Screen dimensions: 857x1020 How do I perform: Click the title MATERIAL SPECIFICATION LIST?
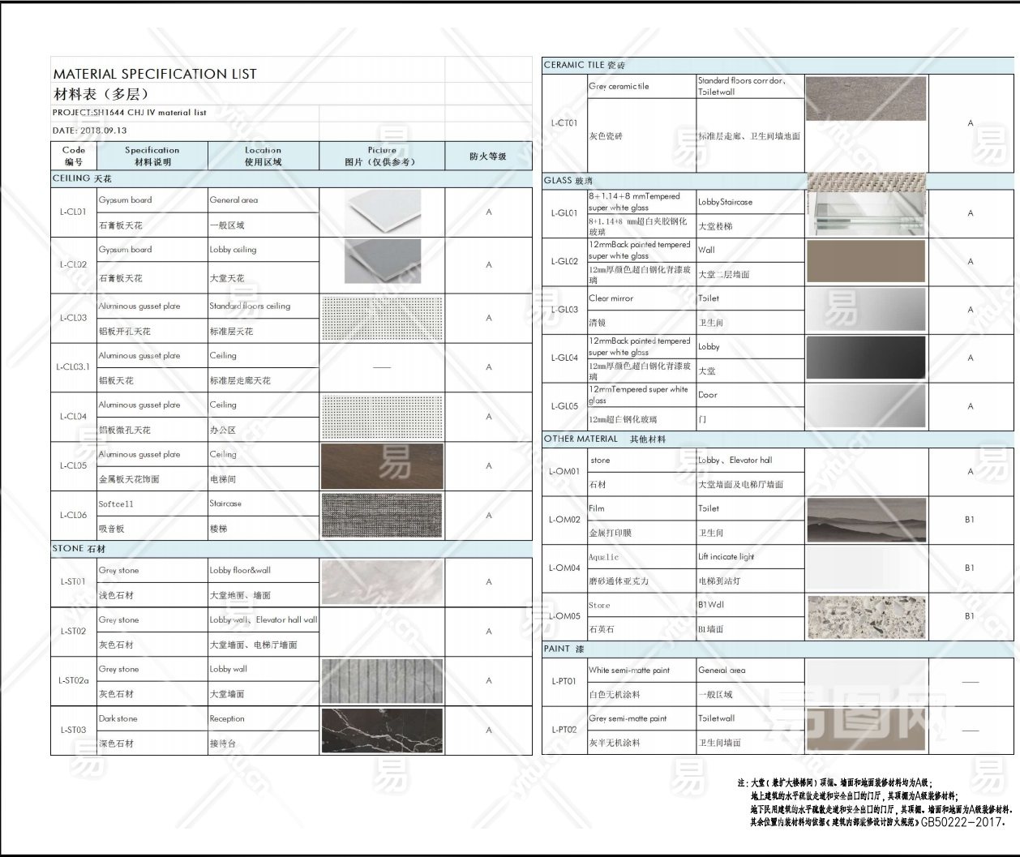click(155, 74)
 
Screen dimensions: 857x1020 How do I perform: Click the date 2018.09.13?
click(90, 131)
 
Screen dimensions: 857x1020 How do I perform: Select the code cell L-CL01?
click(73, 212)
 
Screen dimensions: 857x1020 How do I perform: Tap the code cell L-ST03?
click(73, 730)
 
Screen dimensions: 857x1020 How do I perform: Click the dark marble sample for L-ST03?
click(382, 731)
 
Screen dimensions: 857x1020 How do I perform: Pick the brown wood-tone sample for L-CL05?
click(382, 465)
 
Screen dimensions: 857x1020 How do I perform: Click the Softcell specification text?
click(117, 503)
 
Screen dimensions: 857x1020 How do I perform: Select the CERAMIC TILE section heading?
click(585, 65)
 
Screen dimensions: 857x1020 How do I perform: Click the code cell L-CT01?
click(564, 123)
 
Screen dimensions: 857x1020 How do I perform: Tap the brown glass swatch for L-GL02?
click(866, 261)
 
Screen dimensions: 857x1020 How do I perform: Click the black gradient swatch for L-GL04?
click(866, 358)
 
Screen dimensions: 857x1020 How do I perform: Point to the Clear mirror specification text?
click(611, 298)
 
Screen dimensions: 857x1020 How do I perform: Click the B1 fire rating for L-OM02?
click(970, 520)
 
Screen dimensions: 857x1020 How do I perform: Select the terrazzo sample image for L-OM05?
click(866, 616)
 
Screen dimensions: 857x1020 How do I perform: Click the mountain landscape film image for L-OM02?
click(866, 520)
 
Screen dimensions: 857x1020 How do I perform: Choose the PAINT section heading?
click(564, 649)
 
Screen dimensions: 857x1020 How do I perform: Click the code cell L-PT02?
click(564, 730)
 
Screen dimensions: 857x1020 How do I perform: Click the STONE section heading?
click(79, 549)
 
